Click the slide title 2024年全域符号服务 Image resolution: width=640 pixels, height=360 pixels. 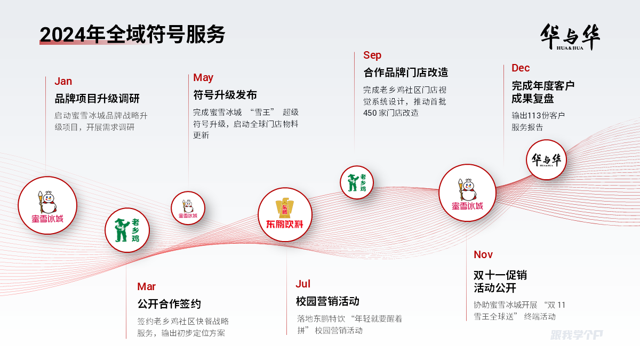click(132, 34)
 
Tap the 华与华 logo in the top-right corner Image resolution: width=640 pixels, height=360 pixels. click(570, 37)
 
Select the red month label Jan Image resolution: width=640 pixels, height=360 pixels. click(63, 81)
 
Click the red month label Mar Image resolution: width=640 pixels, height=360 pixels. click(146, 286)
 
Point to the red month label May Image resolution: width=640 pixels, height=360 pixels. click(203, 78)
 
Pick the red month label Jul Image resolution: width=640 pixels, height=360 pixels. click(303, 284)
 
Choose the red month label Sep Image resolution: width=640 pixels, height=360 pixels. click(372, 55)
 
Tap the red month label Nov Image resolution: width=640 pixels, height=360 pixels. click(483, 254)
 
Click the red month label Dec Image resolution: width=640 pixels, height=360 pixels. click(521, 68)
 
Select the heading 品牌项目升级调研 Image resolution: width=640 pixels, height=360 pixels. click(97, 99)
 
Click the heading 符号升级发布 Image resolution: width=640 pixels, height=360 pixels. click(225, 95)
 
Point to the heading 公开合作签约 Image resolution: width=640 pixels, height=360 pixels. click(169, 304)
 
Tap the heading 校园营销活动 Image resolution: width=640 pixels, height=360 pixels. click(327, 301)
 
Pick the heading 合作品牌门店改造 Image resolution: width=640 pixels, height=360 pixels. click(406, 73)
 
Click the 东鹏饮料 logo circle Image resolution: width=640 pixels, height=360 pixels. click(285, 214)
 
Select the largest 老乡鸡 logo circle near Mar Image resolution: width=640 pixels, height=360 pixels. click(127, 230)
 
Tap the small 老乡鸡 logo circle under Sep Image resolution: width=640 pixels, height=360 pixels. click(357, 182)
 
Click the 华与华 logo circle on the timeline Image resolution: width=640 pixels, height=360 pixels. click(546, 159)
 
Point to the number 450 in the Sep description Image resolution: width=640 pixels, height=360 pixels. click(370, 113)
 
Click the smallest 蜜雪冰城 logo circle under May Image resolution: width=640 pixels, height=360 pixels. click(188, 208)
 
